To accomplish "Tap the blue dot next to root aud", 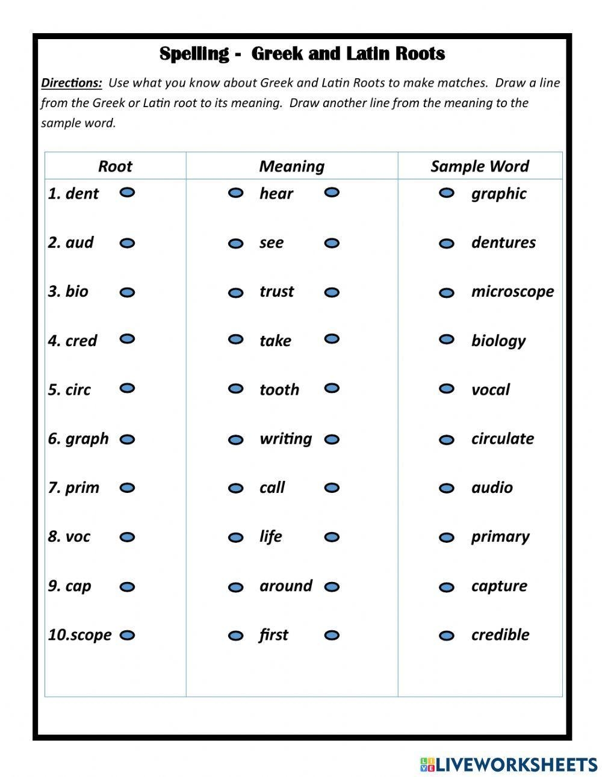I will (127, 243).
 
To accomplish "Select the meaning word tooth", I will (279, 390).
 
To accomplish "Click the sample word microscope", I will (512, 292).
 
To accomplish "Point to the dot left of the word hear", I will (236, 193).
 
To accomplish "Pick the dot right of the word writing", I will (332, 440).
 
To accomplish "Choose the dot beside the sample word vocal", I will (446, 389).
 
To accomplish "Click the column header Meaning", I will (291, 167).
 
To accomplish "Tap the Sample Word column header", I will (479, 167).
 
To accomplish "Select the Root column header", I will (115, 167).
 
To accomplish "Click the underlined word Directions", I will (71, 83).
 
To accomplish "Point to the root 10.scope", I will (80, 635).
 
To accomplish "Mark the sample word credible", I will (500, 635).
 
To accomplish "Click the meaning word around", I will (286, 586).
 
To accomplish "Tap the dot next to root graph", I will (127, 440).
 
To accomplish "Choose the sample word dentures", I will (503, 243).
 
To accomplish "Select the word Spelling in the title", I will (194, 54).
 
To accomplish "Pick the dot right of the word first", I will (332, 635).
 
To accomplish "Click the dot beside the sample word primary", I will (446, 537).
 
